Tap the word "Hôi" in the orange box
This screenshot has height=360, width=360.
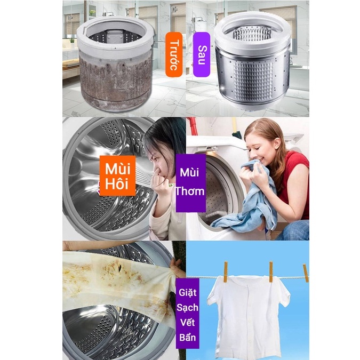click(117, 185)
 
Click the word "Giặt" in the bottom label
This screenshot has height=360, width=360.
click(188, 293)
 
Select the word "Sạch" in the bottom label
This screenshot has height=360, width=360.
click(188, 308)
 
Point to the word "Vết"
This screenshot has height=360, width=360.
click(188, 323)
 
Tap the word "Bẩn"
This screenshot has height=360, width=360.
click(188, 337)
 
